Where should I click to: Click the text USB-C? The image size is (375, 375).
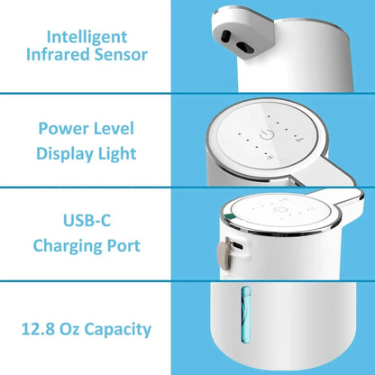[x=87, y=219]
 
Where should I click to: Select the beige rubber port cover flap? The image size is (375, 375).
[x=222, y=255]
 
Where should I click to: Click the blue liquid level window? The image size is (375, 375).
[x=242, y=336]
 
